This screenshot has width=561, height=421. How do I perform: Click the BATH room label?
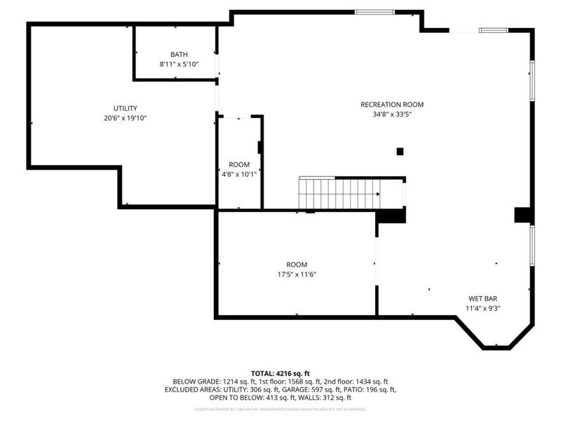coord(179,54)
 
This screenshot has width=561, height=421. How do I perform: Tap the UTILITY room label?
coord(126,108)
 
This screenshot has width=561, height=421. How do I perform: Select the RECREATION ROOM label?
coord(392,105)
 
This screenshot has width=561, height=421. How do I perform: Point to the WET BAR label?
coord(483,298)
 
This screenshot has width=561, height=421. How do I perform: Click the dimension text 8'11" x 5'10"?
coord(179,64)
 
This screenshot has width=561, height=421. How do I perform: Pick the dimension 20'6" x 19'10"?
coord(126,118)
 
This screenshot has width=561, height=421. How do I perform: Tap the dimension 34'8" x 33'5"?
coord(392,114)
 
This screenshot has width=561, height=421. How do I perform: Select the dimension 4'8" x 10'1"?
coord(239,174)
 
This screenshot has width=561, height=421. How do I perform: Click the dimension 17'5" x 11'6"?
coord(297,274)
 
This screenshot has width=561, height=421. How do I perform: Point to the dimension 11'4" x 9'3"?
coord(483,308)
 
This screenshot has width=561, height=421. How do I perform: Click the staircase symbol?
coord(339,193)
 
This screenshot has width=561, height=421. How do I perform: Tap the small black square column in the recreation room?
coord(400,151)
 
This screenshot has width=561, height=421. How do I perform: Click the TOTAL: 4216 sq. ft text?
coord(280,373)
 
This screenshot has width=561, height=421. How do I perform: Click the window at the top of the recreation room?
coord(374,12)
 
